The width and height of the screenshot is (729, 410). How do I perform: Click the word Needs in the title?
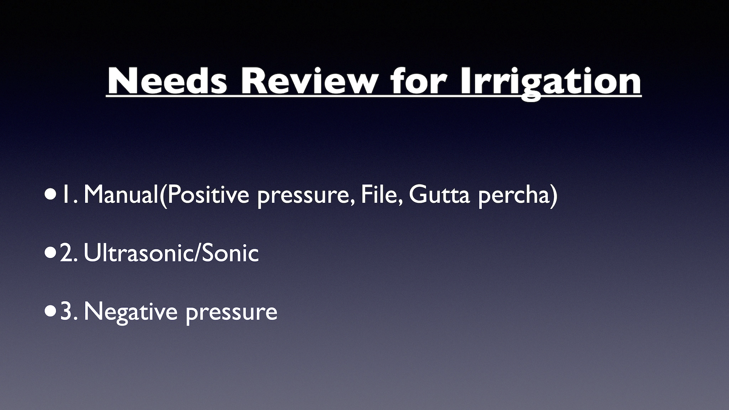[167, 81]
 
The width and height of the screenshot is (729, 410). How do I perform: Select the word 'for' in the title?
[419, 81]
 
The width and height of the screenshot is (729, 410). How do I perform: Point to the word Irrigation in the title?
[550, 84]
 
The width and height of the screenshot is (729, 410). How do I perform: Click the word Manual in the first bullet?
[121, 194]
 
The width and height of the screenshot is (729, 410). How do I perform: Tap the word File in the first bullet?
[382, 195]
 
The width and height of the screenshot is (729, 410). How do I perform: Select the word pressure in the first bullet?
[304, 197]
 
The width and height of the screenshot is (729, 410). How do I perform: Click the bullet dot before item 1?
[50, 195]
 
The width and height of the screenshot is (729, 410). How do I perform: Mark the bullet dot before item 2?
[50, 253]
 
